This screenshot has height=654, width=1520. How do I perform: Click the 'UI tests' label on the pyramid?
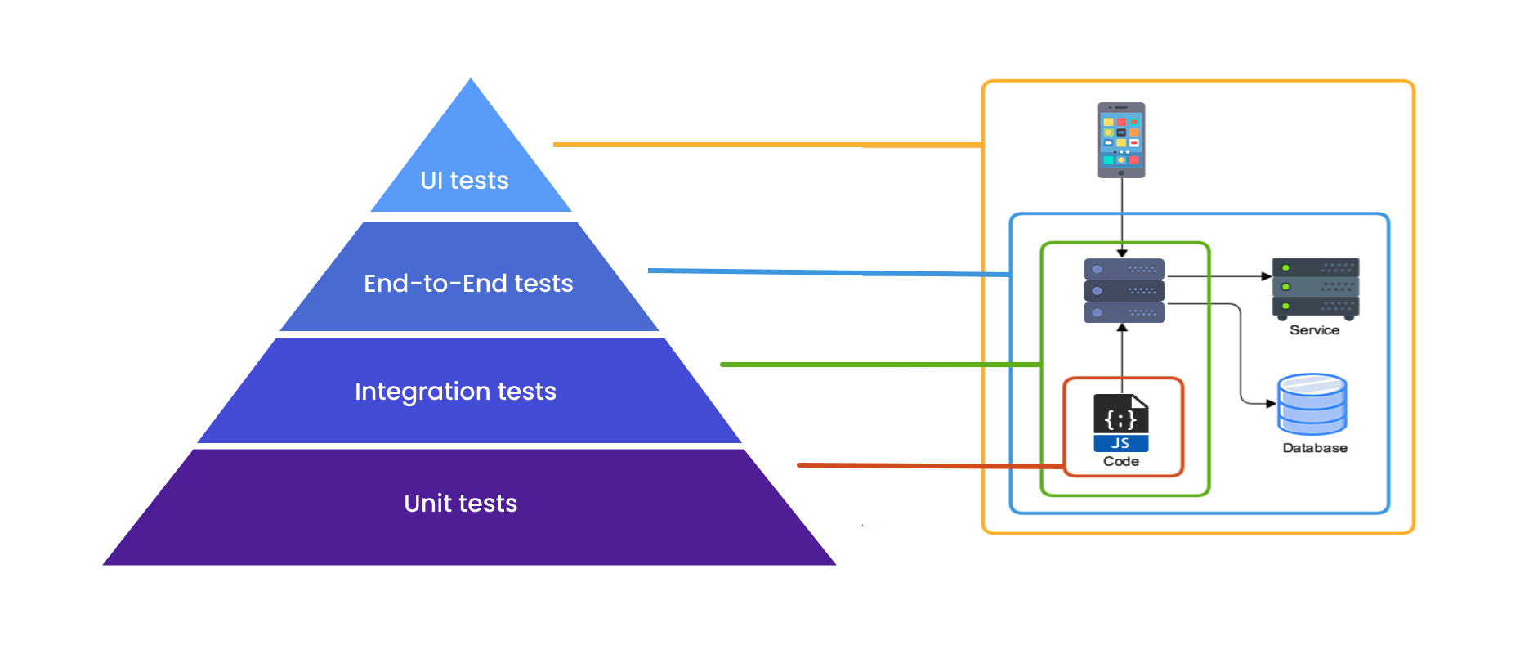464,181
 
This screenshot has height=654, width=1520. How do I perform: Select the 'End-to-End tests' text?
468,284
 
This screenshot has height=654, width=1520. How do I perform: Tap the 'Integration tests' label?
455,392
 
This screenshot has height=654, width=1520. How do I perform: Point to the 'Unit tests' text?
460,504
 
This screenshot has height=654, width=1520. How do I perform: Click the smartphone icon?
1120,140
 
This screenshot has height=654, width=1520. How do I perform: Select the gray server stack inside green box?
1124,291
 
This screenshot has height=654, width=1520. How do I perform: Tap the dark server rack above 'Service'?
1315,288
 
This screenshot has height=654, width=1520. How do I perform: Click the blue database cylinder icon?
1312,405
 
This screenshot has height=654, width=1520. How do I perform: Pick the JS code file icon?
1120,423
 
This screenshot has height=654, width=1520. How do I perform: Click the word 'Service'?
1314,330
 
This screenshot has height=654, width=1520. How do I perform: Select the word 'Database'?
1314,448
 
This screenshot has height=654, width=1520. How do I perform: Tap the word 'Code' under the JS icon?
1120,462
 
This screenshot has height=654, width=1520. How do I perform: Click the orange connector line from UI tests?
768,145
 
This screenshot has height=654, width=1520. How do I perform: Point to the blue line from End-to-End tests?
825,272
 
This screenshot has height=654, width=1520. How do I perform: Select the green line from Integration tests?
874,365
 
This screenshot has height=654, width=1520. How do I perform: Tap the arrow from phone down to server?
1122,217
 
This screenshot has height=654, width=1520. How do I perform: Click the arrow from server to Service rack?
1218,276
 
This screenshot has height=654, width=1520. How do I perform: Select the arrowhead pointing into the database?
1270,403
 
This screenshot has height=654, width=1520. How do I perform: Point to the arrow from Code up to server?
1122,352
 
